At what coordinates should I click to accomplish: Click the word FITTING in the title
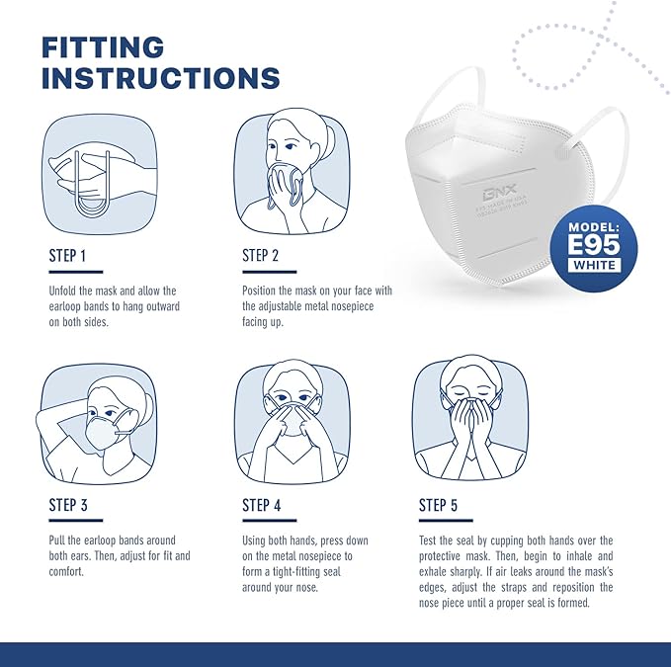click(x=102, y=46)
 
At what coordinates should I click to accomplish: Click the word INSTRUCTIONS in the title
click(x=160, y=79)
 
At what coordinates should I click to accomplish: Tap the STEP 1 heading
click(x=67, y=256)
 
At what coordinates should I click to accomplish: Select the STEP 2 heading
click(x=262, y=256)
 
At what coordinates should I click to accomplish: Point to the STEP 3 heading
click(x=68, y=505)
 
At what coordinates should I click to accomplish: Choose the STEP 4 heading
click(x=262, y=505)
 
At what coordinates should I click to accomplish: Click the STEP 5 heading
click(x=438, y=505)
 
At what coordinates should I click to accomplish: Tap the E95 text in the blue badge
click(x=595, y=244)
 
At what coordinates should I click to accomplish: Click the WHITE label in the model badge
click(x=595, y=265)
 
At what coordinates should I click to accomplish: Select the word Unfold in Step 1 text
click(x=64, y=292)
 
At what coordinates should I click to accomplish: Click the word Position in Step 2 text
click(x=262, y=292)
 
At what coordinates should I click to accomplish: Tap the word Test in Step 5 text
click(x=429, y=541)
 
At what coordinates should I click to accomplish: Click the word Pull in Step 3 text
click(x=57, y=541)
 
